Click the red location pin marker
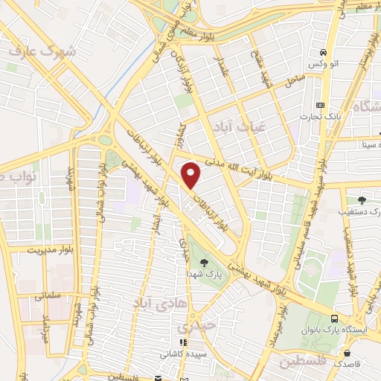coord(192,174)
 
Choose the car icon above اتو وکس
coord(324,53)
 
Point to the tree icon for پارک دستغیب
coord(362,199)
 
